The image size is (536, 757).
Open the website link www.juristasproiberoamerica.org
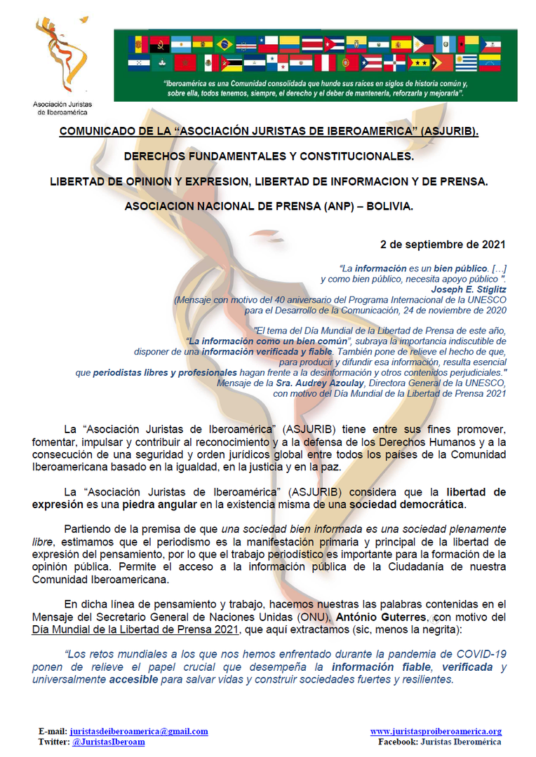(436, 731)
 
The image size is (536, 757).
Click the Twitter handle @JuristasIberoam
(109, 742)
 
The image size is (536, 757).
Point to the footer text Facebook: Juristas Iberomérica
(440, 742)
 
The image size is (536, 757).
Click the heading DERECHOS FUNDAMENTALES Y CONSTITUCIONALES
(268, 156)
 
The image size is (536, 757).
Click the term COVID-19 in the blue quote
(481, 653)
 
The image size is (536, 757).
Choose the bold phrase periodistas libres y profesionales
(165, 373)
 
